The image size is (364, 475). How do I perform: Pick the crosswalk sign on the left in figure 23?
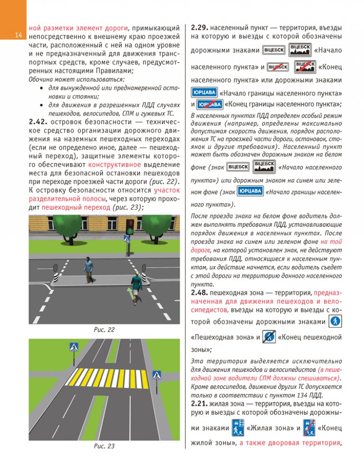(73, 347)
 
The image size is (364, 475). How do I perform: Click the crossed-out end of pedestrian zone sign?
(269, 337)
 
